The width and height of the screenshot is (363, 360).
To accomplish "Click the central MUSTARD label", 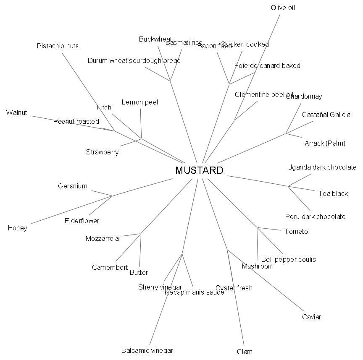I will point(199,170).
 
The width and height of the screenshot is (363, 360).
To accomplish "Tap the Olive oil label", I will point(283,8).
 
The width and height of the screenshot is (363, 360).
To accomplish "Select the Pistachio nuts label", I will point(57,46).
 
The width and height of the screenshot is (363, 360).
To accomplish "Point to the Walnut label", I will point(17,112).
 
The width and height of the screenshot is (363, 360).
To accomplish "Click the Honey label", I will point(17,228).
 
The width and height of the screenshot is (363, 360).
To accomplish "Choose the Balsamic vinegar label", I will point(147,350).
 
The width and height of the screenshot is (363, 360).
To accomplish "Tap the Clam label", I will point(245,352).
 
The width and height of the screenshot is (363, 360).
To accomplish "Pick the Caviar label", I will point(311,317).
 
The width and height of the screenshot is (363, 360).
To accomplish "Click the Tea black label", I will point(333,193).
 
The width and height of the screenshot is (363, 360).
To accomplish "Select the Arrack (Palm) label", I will point(325,143).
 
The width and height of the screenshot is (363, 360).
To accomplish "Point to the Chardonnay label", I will point(304,96).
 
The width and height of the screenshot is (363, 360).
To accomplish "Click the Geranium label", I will point(73,186).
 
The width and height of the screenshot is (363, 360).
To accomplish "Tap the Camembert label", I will point(110,267).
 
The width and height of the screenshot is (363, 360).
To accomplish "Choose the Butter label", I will point(139,272).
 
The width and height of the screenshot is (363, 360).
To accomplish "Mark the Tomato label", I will point(296,231).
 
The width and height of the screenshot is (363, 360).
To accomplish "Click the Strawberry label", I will point(102,152).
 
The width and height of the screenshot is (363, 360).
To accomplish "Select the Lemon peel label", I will point(139,102).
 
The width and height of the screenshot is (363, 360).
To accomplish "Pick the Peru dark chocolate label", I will point(315,217).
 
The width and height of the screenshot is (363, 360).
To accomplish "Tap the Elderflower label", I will point(82,221).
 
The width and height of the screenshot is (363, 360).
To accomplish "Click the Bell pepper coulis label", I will point(288,259).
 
